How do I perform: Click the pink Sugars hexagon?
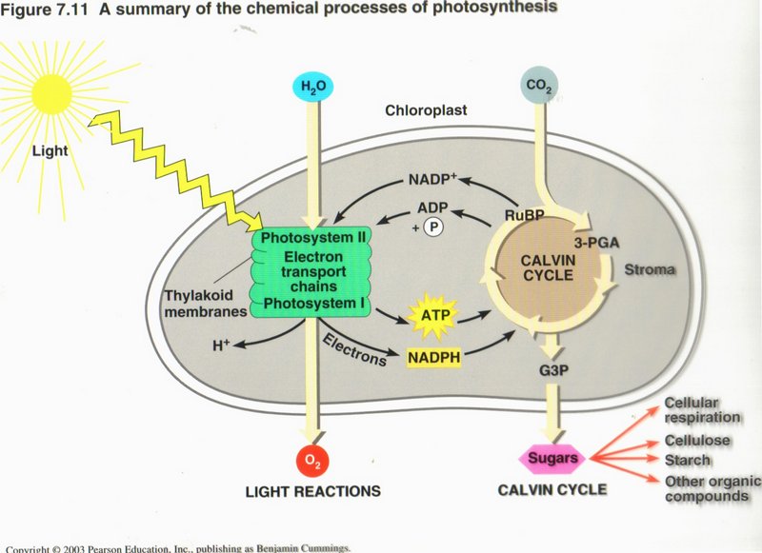pyautogui.click(x=553, y=459)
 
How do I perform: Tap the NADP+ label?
pyautogui.click(x=434, y=180)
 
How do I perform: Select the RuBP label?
pyautogui.click(x=524, y=215)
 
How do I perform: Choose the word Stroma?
pyautogui.click(x=650, y=271)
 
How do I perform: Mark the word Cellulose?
pyautogui.click(x=698, y=441)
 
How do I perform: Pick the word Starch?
pyautogui.click(x=687, y=461)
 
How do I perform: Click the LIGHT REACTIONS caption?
pyautogui.click(x=312, y=491)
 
